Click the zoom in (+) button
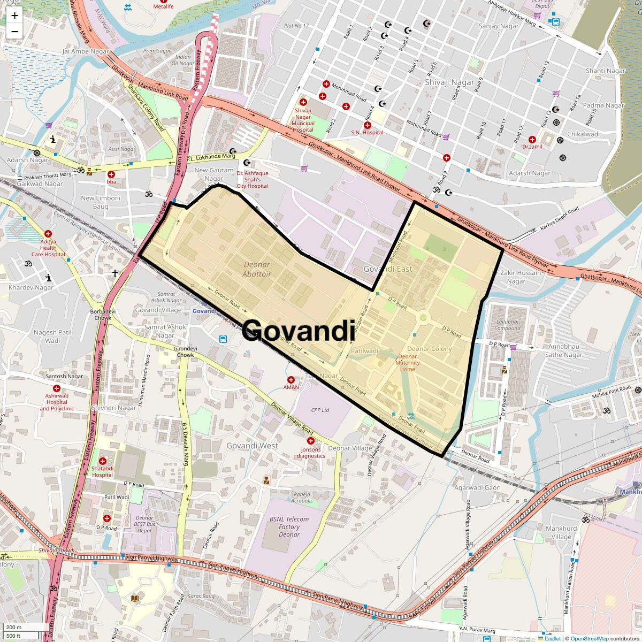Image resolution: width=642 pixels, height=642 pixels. [x=14, y=16]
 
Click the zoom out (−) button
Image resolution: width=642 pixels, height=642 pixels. [x=14, y=32]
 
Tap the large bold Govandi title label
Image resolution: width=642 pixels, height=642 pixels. [x=298, y=330]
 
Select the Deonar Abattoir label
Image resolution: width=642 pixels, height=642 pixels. [x=257, y=269]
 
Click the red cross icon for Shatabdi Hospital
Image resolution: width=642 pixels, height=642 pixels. [x=102, y=461]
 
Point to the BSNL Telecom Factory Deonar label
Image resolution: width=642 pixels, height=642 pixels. [x=289, y=526]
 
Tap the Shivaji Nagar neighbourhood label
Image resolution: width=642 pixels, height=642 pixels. [x=449, y=82]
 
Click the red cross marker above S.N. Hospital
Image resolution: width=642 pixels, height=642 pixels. [x=367, y=125]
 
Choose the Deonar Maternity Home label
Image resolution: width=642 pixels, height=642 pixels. [x=408, y=363]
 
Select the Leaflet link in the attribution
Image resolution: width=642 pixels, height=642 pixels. [x=553, y=638]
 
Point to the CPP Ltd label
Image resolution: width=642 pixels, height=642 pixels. [x=320, y=410]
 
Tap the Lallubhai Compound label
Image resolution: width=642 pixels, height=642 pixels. [x=507, y=325]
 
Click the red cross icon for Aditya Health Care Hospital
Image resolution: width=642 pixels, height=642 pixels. [x=48, y=234]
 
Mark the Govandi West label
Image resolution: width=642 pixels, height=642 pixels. [x=252, y=446]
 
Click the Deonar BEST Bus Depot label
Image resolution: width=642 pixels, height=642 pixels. [x=144, y=524]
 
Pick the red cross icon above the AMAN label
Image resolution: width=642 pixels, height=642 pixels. [x=291, y=380]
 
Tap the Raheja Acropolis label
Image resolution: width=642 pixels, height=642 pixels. [x=302, y=498]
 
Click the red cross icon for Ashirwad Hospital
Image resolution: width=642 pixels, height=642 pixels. [x=57, y=388]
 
